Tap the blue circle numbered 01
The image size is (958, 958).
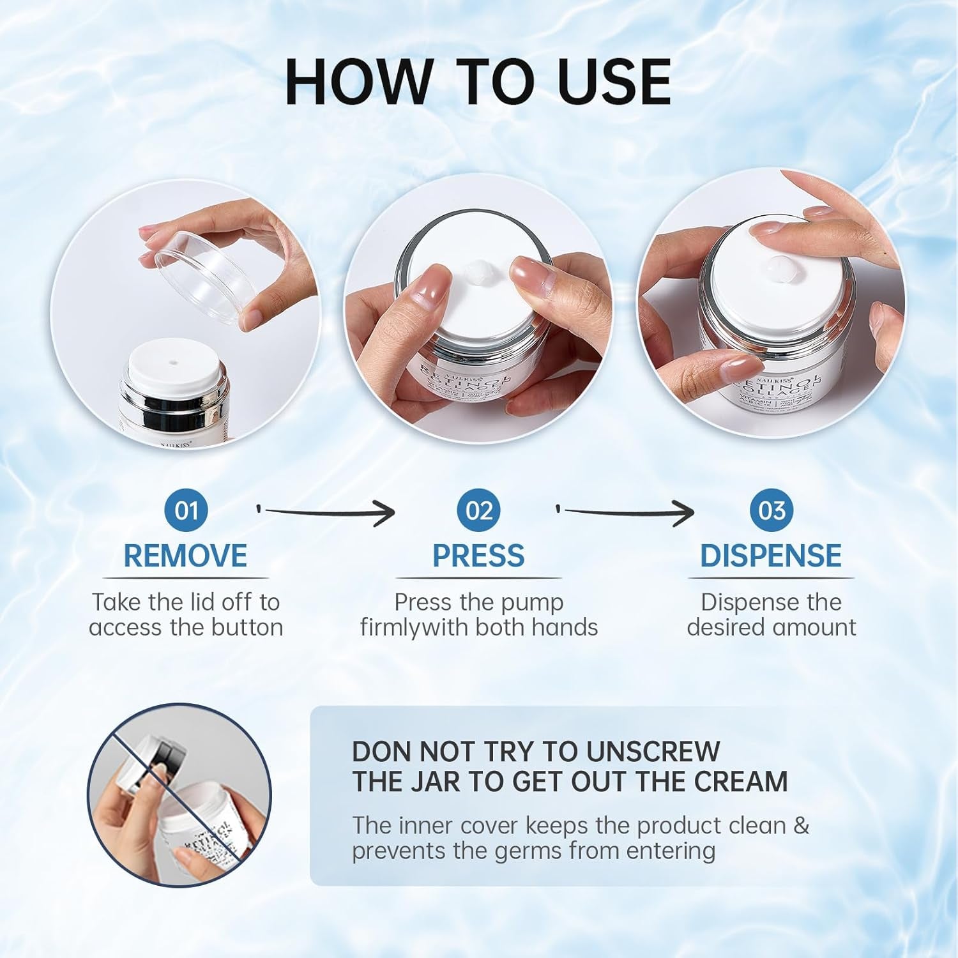coord(186,510)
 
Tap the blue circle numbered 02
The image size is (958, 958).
coord(479,510)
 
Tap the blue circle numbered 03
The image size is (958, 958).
coord(772,510)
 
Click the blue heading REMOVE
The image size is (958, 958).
coord(185,556)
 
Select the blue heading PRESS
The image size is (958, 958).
coord(478,556)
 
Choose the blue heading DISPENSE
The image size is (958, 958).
coord(771,556)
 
